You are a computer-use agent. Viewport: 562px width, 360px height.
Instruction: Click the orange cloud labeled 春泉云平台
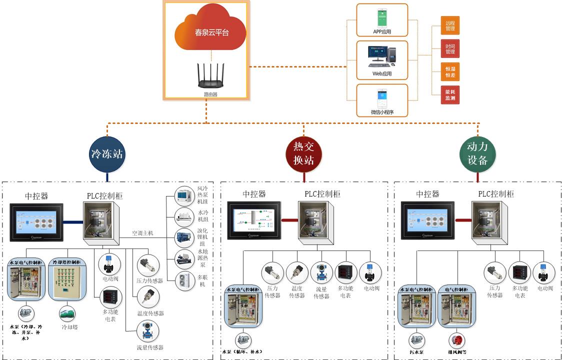(210, 32)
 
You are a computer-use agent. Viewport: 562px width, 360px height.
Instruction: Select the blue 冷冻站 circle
(106, 154)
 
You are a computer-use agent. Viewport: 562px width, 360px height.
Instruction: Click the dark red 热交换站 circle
(303, 153)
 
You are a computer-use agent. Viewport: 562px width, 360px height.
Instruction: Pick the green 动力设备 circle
(477, 153)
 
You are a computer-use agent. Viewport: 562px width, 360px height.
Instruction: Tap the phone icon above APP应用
(382, 18)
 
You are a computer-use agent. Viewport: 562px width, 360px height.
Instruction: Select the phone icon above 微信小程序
(382, 98)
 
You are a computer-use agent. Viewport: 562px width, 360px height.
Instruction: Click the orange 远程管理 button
(450, 25)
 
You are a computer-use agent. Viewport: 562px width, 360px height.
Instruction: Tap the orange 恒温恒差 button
(450, 72)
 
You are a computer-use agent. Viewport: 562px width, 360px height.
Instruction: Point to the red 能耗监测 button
(450, 95)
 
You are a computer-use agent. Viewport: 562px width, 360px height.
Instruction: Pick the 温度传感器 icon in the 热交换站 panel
(297, 273)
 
